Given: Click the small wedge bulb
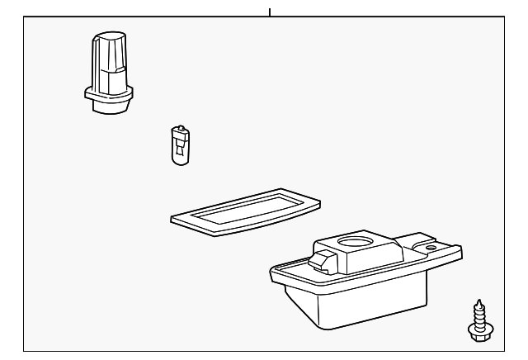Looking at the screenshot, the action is [x=178, y=145].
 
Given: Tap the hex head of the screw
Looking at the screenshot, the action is [x=476, y=330].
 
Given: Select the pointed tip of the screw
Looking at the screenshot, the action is [x=477, y=300].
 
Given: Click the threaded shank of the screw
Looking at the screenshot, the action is [x=477, y=314].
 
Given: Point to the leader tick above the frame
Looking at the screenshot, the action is [x=270, y=12].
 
